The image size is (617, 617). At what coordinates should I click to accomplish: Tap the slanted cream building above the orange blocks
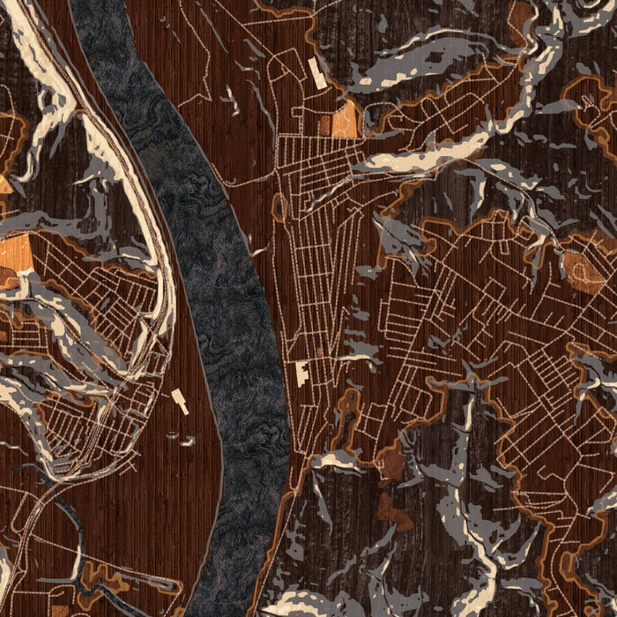318,72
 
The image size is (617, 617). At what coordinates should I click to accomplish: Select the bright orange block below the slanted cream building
346,120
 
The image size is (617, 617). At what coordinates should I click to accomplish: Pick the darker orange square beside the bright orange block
324,126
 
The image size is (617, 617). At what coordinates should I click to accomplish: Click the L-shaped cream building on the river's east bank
301,373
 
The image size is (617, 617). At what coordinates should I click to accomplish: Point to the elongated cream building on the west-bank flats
182,401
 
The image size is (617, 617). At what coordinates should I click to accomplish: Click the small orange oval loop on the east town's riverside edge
280,207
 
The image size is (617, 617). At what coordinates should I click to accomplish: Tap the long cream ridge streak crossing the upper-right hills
423,154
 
